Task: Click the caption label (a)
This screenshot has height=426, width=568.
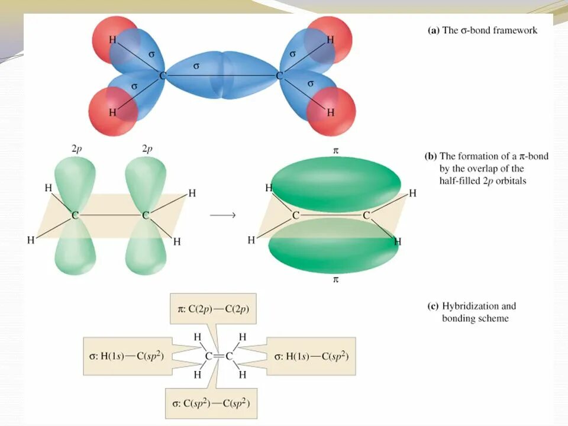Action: click(434, 30)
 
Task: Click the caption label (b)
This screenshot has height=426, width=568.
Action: click(431, 157)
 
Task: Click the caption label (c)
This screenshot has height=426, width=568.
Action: click(433, 306)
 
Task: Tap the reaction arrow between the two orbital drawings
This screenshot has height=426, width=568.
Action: click(223, 215)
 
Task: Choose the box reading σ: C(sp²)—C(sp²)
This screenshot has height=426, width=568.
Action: click(213, 404)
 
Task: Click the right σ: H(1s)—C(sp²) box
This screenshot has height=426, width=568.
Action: click(311, 356)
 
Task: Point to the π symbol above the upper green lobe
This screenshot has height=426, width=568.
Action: click(335, 151)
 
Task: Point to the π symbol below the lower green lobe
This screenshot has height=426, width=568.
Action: click(335, 280)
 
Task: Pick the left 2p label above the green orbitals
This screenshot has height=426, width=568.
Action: click(76, 149)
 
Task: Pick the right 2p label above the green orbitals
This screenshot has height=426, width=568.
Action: click(147, 149)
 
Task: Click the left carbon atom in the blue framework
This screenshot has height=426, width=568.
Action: click(162, 76)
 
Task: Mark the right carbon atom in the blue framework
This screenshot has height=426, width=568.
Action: click(279, 76)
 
